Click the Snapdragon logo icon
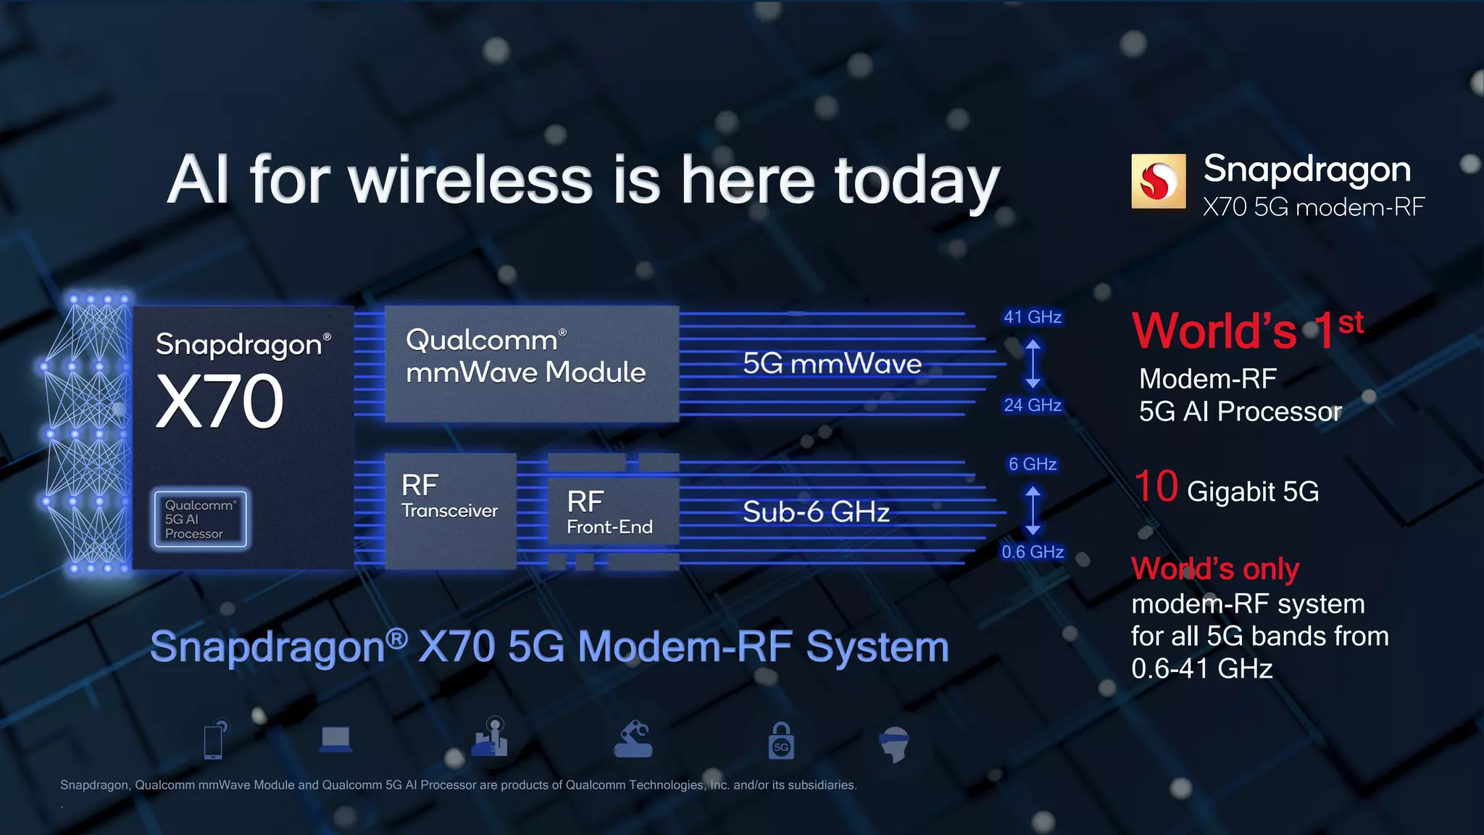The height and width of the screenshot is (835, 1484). pos(1159,181)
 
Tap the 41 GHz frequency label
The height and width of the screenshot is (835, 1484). pos(1033,317)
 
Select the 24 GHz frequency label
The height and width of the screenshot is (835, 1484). pos(1033,405)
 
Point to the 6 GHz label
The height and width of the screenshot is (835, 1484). pos(1033,464)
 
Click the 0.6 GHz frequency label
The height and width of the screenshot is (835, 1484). pos(1033,552)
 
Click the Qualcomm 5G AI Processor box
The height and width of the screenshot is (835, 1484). pos(200,519)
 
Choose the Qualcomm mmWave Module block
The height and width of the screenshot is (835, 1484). pos(531,362)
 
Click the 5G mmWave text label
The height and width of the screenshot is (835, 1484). pos(832,363)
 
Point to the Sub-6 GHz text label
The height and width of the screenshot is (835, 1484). pos(816,512)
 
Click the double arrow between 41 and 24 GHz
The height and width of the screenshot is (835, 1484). pos(1033,362)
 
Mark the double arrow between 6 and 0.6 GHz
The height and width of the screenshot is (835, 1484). pos(1033,510)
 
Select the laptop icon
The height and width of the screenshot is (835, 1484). pos(335,740)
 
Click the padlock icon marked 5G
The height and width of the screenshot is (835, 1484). pos(781,741)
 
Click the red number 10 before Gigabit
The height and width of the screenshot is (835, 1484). pos(1156,486)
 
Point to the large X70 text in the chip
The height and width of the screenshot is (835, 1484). pos(220,402)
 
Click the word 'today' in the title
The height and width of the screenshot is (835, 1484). pos(917,181)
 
